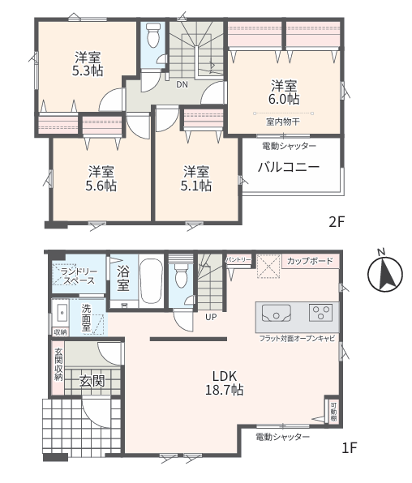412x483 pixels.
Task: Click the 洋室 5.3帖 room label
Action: pyautogui.click(x=88, y=64)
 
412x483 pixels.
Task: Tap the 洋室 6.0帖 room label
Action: pyautogui.click(x=284, y=92)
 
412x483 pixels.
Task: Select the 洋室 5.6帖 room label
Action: pyautogui.click(x=101, y=178)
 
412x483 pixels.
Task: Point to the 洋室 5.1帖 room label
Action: pyautogui.click(x=196, y=178)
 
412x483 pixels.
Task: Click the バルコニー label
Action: pyautogui.click(x=289, y=167)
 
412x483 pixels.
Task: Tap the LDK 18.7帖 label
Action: pyautogui.click(x=225, y=383)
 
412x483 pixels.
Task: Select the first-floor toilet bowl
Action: pyautogui.click(x=181, y=275)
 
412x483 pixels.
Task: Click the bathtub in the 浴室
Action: pyautogui.click(x=151, y=281)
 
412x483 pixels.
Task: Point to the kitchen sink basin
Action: pyautogui.click(x=277, y=314)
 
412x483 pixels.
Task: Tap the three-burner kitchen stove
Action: pyautogui.click(x=320, y=313)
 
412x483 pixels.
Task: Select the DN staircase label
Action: pyautogui.click(x=182, y=84)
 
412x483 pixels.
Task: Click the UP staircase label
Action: pyautogui.click(x=211, y=317)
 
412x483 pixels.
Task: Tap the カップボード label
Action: pyautogui.click(x=310, y=261)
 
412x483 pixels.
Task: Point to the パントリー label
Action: pyautogui.click(x=238, y=259)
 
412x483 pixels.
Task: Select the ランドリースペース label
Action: pyautogui.click(x=79, y=276)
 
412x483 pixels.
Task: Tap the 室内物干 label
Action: pyautogui.click(x=283, y=122)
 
